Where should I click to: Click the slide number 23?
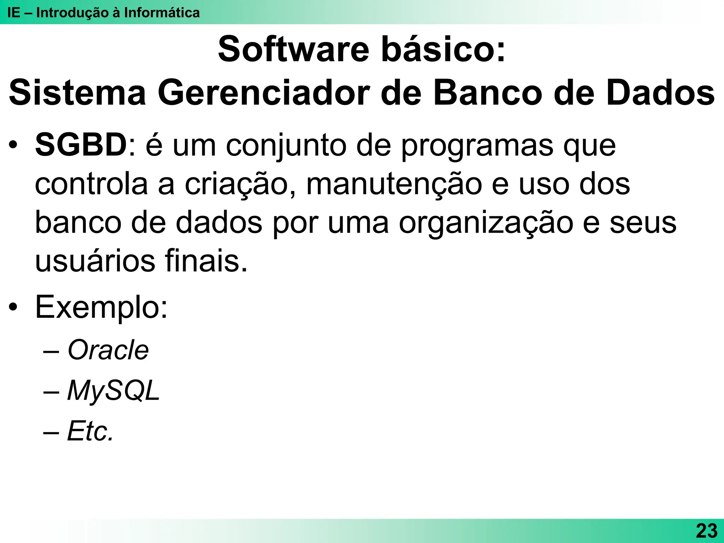tap(707, 531)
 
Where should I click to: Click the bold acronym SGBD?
tap(81, 145)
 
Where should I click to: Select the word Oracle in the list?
tap(108, 350)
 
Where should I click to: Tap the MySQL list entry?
tap(113, 391)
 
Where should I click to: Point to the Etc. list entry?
tap(90, 431)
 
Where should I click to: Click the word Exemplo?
tap(101, 308)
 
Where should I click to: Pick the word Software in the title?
tap(293, 49)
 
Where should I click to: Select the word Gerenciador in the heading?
tap(264, 93)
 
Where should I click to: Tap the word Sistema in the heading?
tap(77, 93)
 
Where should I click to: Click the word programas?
tap(477, 146)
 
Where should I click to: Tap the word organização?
tap(486, 224)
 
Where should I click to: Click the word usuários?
tap(95, 262)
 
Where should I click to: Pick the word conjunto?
tap(286, 146)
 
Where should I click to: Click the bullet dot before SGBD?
tap(13, 145)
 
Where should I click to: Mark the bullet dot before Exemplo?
tap(13, 307)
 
